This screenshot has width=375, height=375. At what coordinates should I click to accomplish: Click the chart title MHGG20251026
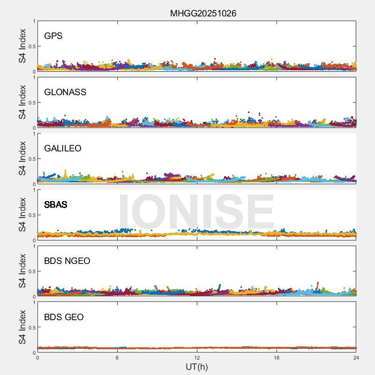[203, 13]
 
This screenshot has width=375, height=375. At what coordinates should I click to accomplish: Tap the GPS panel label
[53, 36]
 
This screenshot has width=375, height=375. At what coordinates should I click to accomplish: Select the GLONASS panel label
[65, 92]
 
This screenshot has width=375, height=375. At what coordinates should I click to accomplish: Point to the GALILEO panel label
[63, 148]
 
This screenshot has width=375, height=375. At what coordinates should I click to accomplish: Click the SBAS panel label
[55, 204]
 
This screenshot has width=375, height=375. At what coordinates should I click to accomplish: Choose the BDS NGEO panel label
[67, 261]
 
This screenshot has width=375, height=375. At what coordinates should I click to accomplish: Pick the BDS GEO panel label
[64, 317]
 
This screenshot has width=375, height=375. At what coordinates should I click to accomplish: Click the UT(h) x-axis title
[197, 367]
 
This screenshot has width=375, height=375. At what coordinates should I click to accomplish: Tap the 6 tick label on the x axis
[117, 358]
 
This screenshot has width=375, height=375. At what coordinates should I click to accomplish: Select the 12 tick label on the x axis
[197, 358]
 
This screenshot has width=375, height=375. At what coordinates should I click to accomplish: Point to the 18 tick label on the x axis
[277, 358]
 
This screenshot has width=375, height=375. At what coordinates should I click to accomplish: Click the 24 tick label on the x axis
[356, 358]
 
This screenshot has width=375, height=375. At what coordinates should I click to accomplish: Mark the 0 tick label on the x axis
[37, 358]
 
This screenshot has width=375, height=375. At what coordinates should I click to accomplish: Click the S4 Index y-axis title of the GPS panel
[22, 46]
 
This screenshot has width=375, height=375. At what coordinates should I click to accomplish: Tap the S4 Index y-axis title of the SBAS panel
[22, 215]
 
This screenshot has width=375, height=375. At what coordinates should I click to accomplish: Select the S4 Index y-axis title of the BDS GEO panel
[22, 327]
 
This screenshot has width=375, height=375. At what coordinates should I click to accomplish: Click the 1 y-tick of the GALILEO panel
[34, 134]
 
